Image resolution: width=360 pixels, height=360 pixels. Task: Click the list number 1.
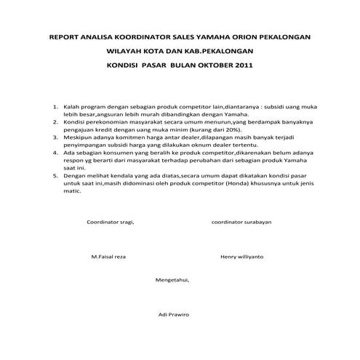click(56, 106)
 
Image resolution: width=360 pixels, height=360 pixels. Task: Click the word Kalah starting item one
click(72, 106)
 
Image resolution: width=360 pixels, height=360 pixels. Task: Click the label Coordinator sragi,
click(111, 221)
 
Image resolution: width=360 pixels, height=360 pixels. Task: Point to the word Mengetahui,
click(173, 279)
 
